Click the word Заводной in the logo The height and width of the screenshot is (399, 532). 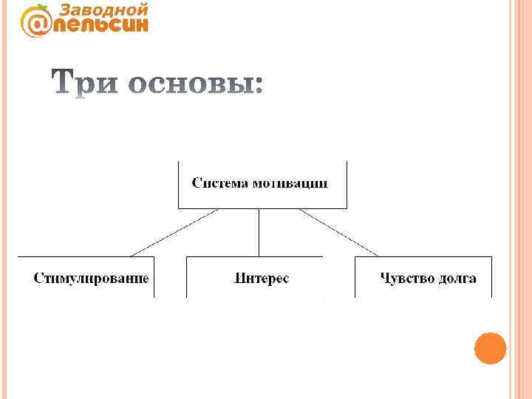click(103, 10)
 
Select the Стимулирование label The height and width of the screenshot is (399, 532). click(91, 279)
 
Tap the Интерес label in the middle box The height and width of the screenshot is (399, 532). click(262, 279)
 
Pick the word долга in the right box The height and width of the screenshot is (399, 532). click(456, 279)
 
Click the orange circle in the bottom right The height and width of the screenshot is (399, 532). click(490, 348)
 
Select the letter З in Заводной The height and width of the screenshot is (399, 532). click(64, 10)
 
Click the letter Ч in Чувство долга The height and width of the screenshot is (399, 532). click(384, 279)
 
